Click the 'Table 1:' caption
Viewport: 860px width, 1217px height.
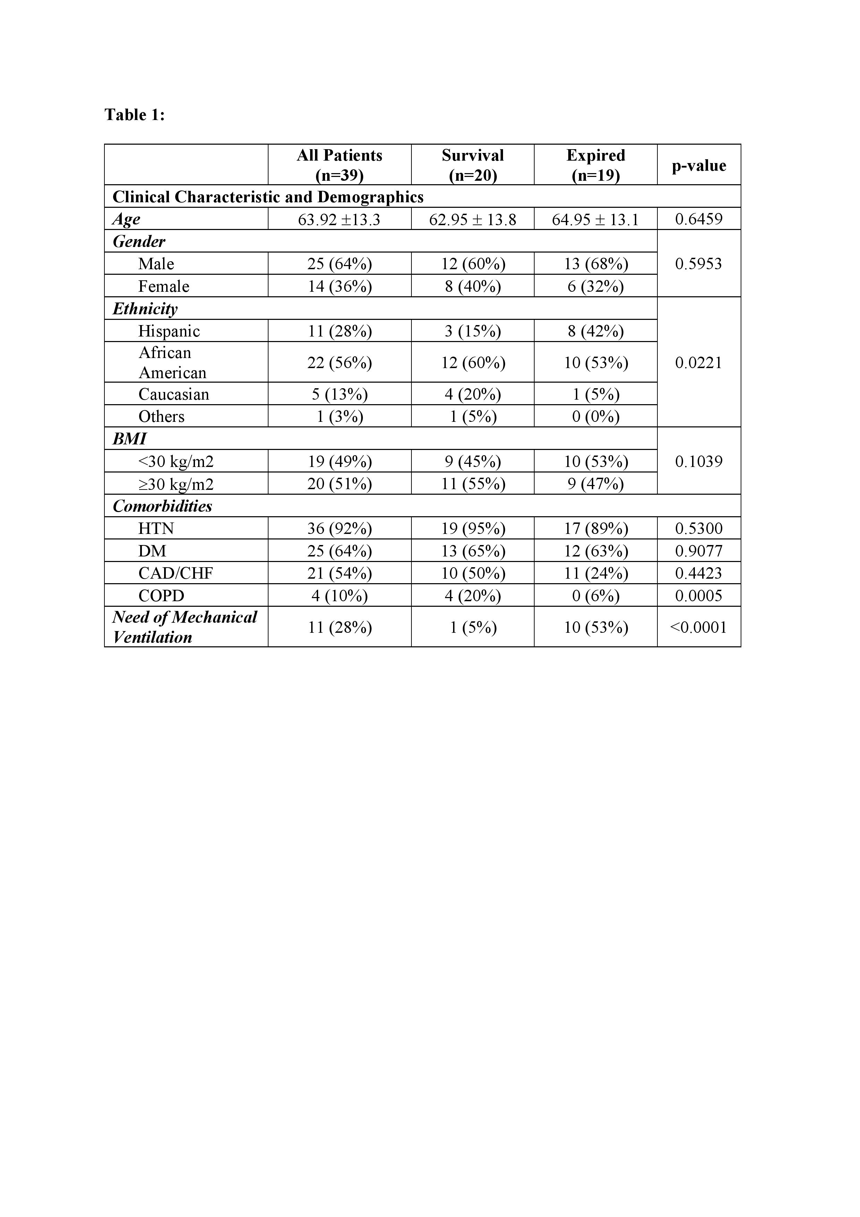point(135,114)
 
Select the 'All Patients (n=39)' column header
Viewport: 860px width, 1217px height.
point(339,165)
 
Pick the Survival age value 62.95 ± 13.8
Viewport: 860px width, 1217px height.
point(472,219)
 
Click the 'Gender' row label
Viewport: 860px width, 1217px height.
point(139,242)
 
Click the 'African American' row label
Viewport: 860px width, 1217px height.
point(172,363)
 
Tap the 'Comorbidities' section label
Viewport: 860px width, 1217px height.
point(162,506)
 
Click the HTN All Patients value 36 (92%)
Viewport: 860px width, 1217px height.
point(339,528)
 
